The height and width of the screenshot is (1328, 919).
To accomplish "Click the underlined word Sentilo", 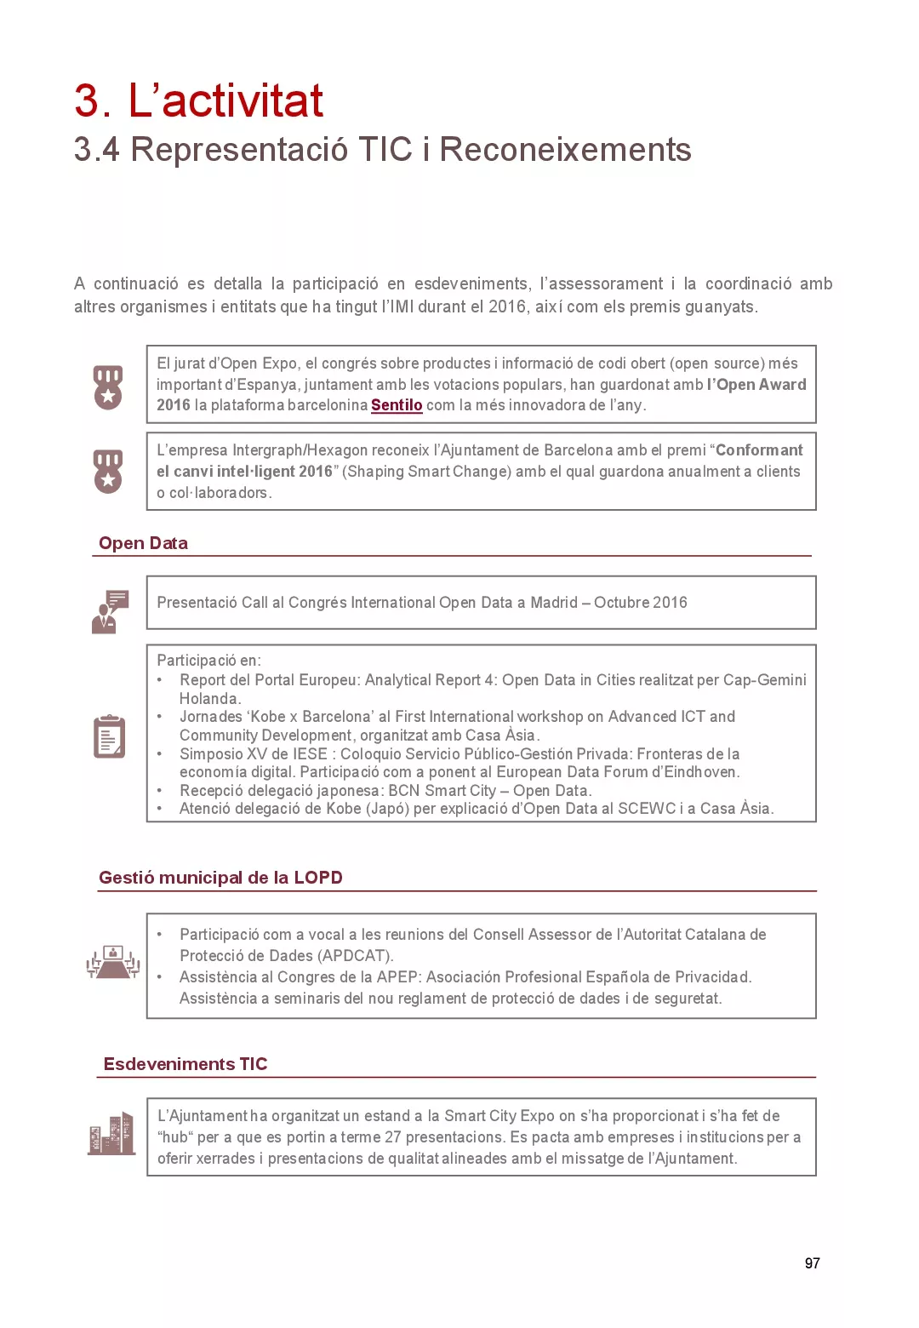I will tap(397, 405).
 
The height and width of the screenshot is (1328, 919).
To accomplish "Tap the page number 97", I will tap(812, 1263).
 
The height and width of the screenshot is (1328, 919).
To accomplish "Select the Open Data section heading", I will tap(143, 543).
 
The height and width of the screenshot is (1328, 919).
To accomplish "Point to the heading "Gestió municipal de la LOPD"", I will tap(220, 878).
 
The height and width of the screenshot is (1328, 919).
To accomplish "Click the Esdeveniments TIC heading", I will tap(185, 1064).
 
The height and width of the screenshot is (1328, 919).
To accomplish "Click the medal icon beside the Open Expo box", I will tap(108, 387).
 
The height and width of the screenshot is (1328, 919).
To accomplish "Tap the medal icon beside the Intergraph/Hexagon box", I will tap(108, 471).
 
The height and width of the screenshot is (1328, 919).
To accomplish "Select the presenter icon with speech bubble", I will tap(110, 611).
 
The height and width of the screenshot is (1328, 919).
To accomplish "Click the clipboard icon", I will tap(109, 736).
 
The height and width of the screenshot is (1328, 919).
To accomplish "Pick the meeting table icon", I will tap(112, 963).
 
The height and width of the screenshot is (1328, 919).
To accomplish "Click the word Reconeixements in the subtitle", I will tap(565, 150).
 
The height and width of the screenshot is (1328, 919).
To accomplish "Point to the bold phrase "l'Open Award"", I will tap(756, 385).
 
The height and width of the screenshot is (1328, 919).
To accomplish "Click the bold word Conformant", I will tap(759, 450).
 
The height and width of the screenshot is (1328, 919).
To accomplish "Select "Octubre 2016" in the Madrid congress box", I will tap(640, 603).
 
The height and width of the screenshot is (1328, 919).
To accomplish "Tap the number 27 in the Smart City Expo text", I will tap(392, 1137).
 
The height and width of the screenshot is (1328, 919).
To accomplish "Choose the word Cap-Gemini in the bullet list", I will tap(764, 680).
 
